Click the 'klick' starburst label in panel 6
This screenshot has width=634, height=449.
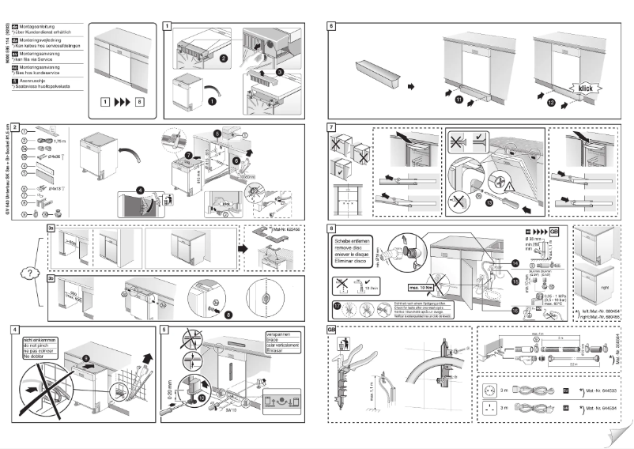tap(586, 89)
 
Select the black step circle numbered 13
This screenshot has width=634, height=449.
tap(489, 201)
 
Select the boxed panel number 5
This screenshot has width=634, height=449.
tap(164, 328)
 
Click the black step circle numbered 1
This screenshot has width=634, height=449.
tap(211, 101)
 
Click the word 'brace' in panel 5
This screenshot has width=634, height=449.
tap(277, 341)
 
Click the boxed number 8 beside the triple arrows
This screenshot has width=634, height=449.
tap(140, 102)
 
